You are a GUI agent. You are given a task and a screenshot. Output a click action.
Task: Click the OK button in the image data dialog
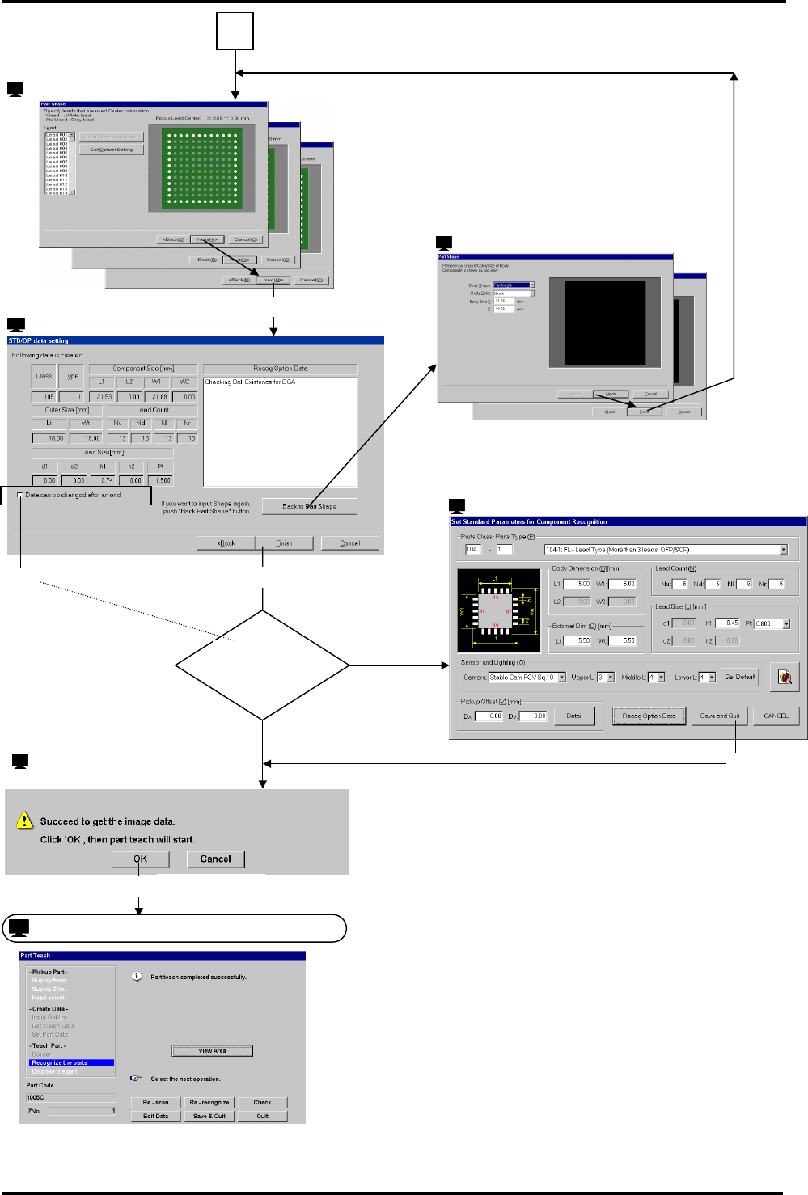(x=140, y=859)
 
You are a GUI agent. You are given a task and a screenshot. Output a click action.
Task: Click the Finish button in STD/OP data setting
(x=284, y=543)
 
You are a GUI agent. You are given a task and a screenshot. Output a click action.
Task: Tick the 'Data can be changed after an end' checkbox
(x=20, y=496)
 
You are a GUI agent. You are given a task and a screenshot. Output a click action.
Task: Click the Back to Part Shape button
(x=309, y=507)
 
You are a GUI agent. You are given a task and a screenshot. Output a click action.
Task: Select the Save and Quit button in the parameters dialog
(x=719, y=716)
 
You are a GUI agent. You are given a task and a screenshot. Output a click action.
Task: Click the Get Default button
(x=740, y=678)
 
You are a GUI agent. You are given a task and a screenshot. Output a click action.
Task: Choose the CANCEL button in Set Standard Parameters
(x=776, y=716)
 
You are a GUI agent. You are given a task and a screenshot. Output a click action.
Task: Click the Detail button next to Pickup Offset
(x=574, y=716)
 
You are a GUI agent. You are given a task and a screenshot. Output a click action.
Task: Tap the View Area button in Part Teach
(x=212, y=1051)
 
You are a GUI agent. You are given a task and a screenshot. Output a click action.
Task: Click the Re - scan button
(x=155, y=1102)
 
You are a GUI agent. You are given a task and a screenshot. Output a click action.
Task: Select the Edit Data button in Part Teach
(x=155, y=1117)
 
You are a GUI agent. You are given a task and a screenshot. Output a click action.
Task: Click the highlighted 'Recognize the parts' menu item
(x=71, y=1063)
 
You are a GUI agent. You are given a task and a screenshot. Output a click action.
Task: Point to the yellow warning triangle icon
(x=24, y=821)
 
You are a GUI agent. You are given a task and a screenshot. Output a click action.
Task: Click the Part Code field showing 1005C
(x=70, y=1098)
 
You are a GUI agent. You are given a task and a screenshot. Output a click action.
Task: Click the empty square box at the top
(x=235, y=32)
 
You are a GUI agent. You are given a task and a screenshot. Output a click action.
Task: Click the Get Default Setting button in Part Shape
(x=112, y=150)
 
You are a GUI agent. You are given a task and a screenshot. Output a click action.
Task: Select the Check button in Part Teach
(x=262, y=1102)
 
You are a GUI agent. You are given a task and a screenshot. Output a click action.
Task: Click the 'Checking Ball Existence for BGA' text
(x=250, y=382)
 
